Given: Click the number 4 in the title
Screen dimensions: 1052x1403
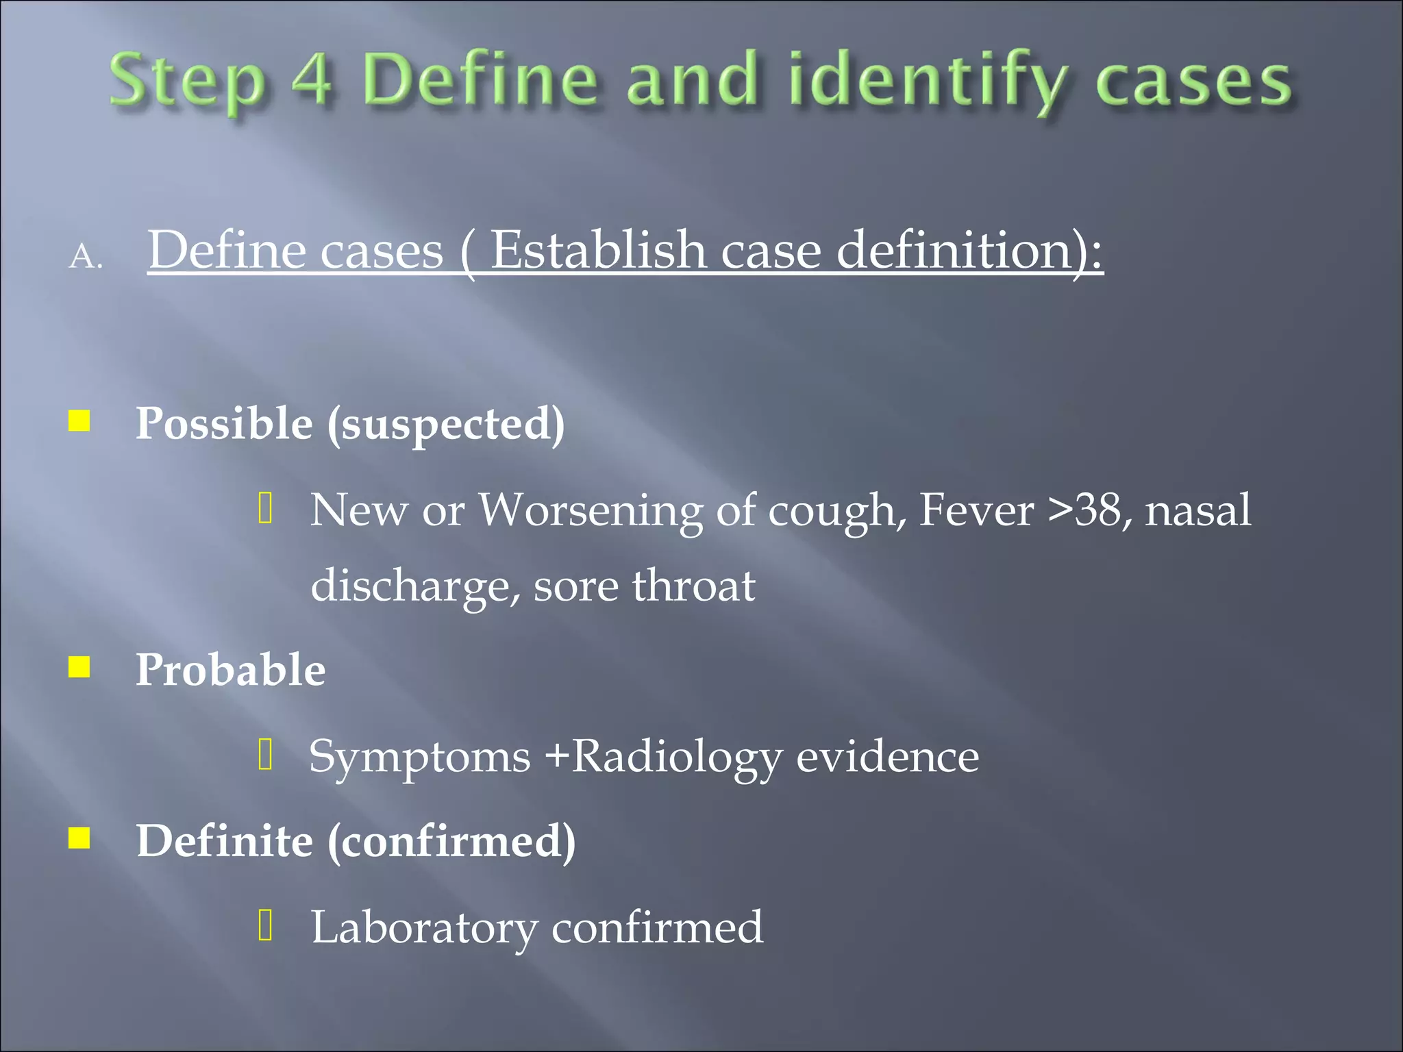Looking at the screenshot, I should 312,81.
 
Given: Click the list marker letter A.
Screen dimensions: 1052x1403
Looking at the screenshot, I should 86,258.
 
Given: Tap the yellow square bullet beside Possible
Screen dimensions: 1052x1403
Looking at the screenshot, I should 79,421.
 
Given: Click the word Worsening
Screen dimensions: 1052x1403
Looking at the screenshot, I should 590,510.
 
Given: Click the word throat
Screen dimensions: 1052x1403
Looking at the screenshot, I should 693,586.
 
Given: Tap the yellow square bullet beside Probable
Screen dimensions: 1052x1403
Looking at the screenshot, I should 79,666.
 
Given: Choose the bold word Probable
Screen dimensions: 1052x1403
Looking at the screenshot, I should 230,669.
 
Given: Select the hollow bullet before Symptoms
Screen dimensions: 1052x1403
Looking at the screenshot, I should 266,755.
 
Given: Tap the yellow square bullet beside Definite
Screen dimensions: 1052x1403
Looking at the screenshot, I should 79,838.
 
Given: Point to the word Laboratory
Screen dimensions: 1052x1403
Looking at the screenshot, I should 424,928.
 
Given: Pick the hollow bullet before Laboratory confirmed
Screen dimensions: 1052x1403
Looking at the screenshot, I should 266,925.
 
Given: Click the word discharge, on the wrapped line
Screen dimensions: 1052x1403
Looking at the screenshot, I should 414,587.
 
